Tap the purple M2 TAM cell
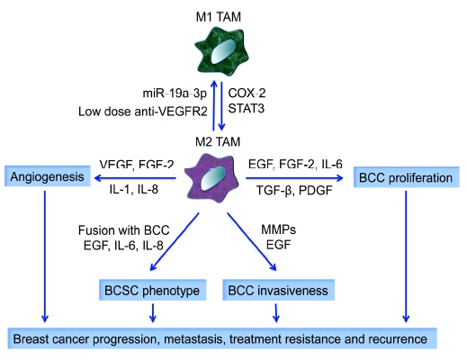coord(211,179)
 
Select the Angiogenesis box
coord(48,176)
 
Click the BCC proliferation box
coord(406,177)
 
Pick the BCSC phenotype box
coord(152,290)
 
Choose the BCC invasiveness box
coord(278,290)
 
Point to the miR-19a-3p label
coord(175,94)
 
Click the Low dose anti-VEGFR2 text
coord(143,112)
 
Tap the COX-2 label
coord(247,93)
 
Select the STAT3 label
coord(247,108)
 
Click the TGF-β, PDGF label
coord(294,190)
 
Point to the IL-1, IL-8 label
coord(134,189)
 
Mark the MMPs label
coord(278,229)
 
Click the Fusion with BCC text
coord(124,230)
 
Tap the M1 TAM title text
coord(219,17)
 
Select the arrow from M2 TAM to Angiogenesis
coord(135,178)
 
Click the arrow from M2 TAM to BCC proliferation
coord(294,178)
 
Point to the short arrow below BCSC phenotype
coord(153,313)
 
